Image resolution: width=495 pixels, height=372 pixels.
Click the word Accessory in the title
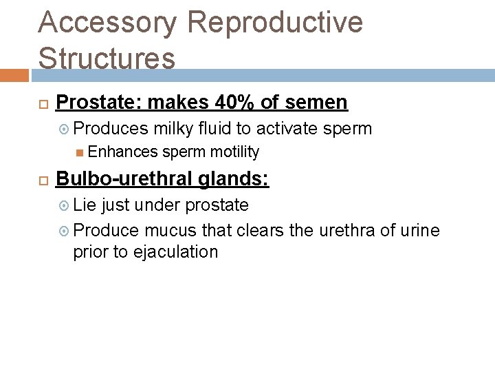pyautogui.click(x=108, y=23)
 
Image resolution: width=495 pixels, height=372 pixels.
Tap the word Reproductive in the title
pyautogui.click(x=274, y=23)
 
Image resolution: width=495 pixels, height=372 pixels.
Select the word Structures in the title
pyautogui.click(x=107, y=57)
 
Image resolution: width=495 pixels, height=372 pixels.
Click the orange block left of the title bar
pyautogui.click(x=14, y=75)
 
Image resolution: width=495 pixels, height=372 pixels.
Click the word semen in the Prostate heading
pyautogui.click(x=313, y=103)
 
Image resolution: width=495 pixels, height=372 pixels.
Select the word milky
pyautogui.click(x=176, y=129)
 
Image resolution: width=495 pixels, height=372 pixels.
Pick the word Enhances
pyautogui.click(x=123, y=152)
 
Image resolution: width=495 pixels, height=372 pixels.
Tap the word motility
pyautogui.click(x=235, y=152)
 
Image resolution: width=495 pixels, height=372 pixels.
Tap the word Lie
pyautogui.click(x=85, y=205)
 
